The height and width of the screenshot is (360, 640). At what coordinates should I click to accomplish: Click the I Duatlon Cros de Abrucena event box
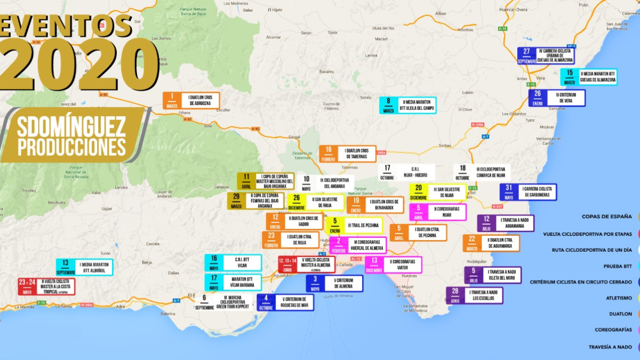click(191, 101)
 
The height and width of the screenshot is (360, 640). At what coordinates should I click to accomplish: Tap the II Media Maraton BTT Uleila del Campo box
click(408, 105)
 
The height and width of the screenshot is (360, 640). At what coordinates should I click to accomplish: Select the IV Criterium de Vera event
click(557, 98)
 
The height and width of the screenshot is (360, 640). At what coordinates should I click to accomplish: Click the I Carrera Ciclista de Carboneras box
click(528, 192)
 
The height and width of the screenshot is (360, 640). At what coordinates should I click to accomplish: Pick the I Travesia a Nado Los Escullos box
click(474, 295)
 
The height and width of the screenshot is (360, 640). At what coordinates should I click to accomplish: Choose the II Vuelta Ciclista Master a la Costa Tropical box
click(46, 286)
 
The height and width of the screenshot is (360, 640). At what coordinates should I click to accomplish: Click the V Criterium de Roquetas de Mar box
click(285, 302)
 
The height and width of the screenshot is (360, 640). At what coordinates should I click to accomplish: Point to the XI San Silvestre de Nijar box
click(437, 192)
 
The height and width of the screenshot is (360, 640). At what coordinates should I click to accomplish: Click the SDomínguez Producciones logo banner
click(72, 135)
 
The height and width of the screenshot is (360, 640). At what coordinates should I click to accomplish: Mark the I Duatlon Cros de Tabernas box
click(348, 154)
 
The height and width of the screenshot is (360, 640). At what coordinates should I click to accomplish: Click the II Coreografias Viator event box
click(393, 265)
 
